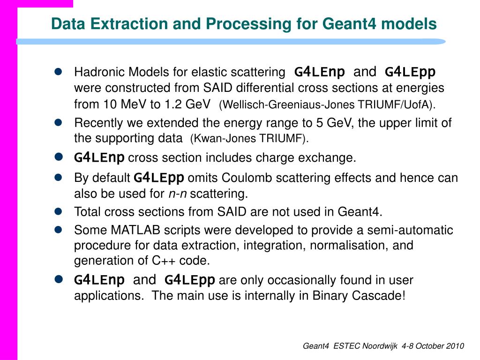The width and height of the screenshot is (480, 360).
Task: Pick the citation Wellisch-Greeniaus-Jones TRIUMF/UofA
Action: (x=330, y=105)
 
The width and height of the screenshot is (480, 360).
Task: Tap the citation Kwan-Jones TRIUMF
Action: (x=249, y=139)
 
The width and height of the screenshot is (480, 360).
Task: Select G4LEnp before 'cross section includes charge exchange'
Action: (x=99, y=158)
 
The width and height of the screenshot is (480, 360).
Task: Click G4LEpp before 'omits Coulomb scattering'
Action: (x=159, y=178)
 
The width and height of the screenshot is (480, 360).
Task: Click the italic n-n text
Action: (x=178, y=194)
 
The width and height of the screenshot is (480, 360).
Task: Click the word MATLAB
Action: (x=133, y=230)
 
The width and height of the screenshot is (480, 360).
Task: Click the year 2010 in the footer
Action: (x=453, y=346)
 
